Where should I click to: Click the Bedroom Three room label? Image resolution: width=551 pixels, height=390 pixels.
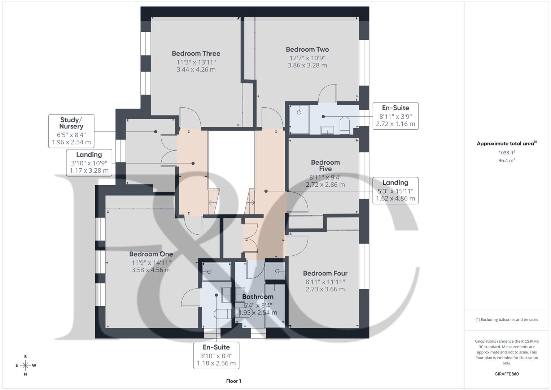point(196,53)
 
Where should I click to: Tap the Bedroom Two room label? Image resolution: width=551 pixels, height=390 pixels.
point(307,49)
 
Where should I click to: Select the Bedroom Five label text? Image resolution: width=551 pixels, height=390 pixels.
point(325,165)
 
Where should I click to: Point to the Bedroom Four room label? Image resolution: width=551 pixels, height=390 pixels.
point(325,273)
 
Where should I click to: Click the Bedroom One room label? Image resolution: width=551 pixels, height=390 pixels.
point(151,254)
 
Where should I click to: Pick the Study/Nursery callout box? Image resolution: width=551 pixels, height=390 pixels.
point(71,131)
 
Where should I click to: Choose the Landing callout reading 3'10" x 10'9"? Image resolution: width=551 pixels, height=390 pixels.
point(89,162)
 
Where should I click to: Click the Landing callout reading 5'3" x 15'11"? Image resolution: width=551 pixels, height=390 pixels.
point(395,191)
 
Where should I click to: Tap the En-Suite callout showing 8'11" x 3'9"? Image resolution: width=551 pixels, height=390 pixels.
point(395,116)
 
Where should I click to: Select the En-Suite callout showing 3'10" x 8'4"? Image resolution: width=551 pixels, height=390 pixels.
point(216,355)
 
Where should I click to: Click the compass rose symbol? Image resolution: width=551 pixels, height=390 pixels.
point(26,365)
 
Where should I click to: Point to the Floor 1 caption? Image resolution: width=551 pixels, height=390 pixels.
point(234,381)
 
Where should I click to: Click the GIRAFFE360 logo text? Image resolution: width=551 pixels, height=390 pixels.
point(507,374)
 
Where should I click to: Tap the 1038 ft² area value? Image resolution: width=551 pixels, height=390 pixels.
point(507,153)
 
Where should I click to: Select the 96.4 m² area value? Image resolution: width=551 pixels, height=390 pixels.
point(507,160)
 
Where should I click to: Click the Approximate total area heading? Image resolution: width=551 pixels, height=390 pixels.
point(507,143)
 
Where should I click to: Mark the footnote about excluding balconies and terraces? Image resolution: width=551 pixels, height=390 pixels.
point(507,320)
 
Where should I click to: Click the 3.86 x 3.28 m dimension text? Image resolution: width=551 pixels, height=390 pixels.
point(307,65)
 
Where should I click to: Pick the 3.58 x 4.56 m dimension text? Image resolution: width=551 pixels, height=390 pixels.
point(151,270)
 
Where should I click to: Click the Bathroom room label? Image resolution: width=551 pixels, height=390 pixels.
point(258,297)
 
